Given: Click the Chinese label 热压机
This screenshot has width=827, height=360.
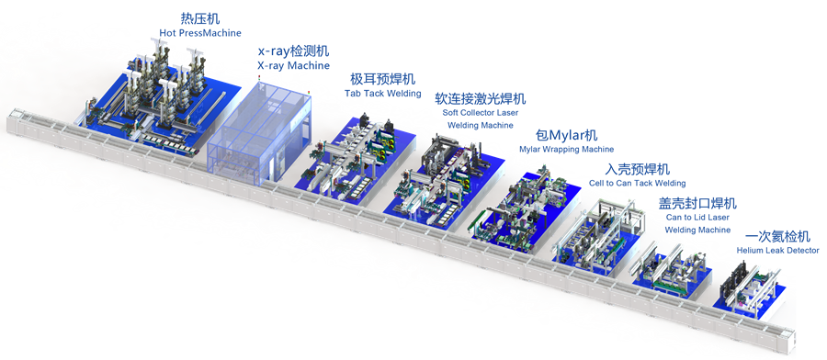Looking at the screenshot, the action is click(200, 19).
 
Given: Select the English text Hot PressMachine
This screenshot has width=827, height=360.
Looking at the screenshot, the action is click(200, 33).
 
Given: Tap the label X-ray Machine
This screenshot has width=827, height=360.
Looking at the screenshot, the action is click(293, 66).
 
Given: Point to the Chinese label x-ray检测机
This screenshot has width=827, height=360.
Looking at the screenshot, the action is click(293, 51).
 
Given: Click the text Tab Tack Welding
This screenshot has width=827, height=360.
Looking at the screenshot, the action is click(383, 94).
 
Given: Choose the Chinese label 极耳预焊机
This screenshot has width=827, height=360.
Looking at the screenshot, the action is click(383, 79).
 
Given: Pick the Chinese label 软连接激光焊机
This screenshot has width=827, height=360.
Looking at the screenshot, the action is click(480, 98).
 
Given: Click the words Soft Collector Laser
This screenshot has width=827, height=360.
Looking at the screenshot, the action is click(480, 113).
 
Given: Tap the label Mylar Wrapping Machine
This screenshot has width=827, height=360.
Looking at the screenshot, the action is click(566, 149).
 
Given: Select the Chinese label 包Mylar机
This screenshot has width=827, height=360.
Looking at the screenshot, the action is click(566, 135).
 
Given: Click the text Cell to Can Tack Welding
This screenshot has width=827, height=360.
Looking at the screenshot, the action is click(637, 184).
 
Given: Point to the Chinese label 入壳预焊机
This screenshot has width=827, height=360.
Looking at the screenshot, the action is click(637, 169).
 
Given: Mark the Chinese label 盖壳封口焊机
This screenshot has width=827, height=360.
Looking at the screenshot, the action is click(697, 203).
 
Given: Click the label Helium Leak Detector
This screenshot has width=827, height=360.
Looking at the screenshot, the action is click(778, 251).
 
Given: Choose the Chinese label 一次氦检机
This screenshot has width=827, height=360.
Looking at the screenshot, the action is click(778, 236).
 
